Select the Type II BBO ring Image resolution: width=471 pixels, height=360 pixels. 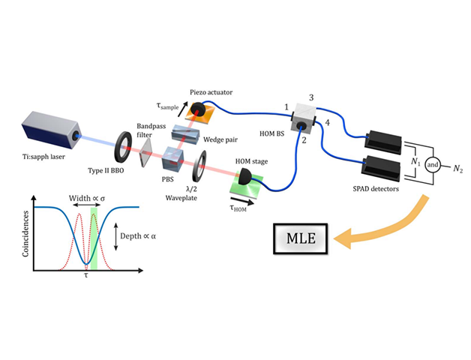click(x=124, y=146)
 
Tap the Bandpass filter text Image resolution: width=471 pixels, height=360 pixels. click(x=148, y=130)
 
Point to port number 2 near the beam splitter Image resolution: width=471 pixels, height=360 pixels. click(x=304, y=140)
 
